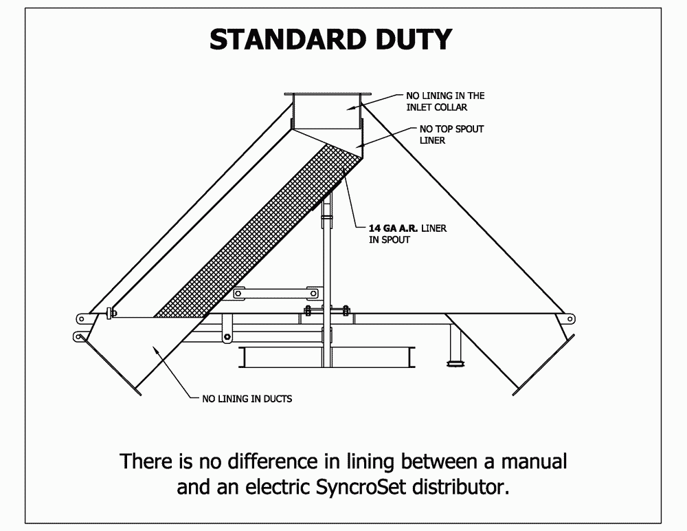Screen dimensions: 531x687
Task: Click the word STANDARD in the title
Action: [286, 39]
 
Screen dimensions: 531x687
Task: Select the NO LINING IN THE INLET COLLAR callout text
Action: [446, 102]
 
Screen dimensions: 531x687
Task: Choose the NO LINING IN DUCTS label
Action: [247, 398]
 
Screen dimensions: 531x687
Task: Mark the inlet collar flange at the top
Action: [328, 95]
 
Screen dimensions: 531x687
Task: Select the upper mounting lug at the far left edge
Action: [82, 318]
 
